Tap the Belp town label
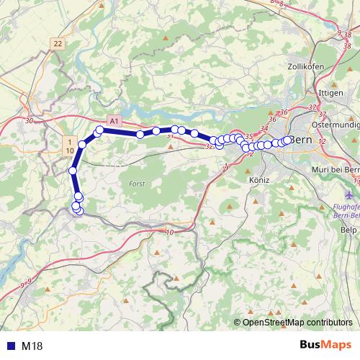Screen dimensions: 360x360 (x=348, y=229)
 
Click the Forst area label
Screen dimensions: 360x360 (x=136, y=184)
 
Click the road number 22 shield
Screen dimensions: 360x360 (x=58, y=44)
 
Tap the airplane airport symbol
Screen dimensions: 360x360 (x=350, y=194)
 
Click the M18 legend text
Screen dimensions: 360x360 (x=32, y=346)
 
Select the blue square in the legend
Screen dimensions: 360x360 (x=9, y=346)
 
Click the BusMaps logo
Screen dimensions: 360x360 (x=324, y=346)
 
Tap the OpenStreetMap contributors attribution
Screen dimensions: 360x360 (x=297, y=323)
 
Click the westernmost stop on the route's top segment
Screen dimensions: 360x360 (x=99, y=130)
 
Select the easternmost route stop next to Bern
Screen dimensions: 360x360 (x=288, y=140)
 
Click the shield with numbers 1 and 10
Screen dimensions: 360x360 (x=69, y=145)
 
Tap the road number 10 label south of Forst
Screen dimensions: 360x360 (x=170, y=232)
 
